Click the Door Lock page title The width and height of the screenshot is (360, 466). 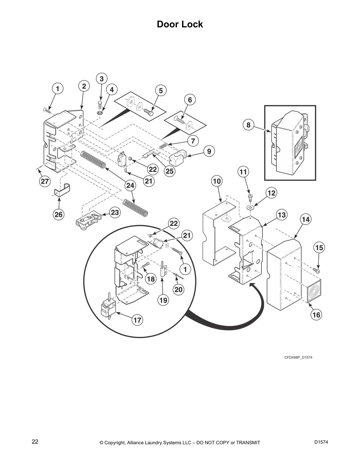coord(180,24)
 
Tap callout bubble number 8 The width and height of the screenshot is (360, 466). coord(249,125)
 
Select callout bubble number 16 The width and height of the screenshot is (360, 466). coord(316,315)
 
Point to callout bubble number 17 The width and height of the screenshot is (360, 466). coord(137,320)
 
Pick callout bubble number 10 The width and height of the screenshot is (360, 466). coord(217,181)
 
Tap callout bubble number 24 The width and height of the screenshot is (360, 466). coord(130,185)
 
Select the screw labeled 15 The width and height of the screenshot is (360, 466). coord(317,270)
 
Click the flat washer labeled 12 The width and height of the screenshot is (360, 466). coord(251,208)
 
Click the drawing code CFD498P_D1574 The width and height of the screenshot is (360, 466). coord(298,357)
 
